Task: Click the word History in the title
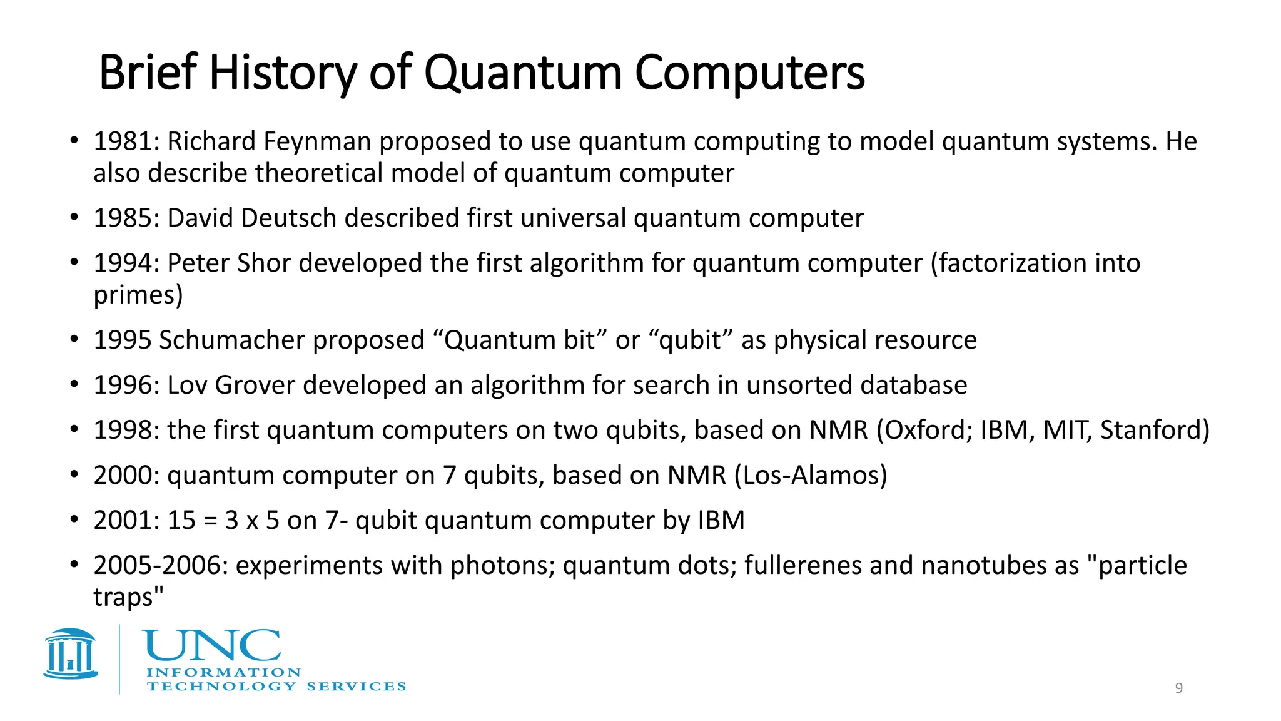pyautogui.click(x=283, y=73)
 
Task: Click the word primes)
pyautogui.click(x=138, y=295)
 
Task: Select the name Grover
pyautogui.click(x=255, y=386)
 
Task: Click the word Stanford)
pyautogui.click(x=1155, y=431)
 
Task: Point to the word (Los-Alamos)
pyautogui.click(x=811, y=476)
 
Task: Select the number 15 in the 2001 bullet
pyautogui.click(x=181, y=521)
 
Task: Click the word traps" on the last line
pyautogui.click(x=128, y=597)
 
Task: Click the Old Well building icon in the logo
pyautogui.click(x=71, y=654)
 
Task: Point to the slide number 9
pyautogui.click(x=1178, y=688)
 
